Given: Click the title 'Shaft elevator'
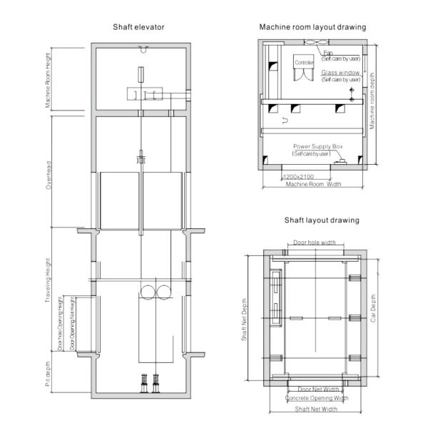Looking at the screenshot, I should tap(139, 27).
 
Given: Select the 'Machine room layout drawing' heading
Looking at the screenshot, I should tap(312, 27).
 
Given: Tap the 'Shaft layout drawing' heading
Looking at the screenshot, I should tap(322, 220).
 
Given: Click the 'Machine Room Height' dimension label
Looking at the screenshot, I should tap(49, 79).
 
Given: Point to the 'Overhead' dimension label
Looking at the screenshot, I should tap(49, 172).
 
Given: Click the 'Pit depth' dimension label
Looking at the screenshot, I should tap(49, 374).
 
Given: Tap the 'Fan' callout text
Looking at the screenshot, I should tap(328, 52).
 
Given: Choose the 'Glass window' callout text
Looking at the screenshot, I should tap(340, 73).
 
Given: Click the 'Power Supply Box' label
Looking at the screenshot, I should tap(318, 146).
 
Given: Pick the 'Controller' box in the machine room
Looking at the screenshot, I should tap(304, 63).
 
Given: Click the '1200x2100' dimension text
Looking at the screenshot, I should tap(298, 176).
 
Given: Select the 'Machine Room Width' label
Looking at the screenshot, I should tap(313, 184).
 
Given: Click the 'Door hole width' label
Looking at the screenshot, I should tap(314, 243).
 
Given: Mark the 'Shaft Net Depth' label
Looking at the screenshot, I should tap(244, 320).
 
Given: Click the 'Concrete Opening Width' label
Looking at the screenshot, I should tap(317, 399).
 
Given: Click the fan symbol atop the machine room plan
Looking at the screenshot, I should tap(313, 44).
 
